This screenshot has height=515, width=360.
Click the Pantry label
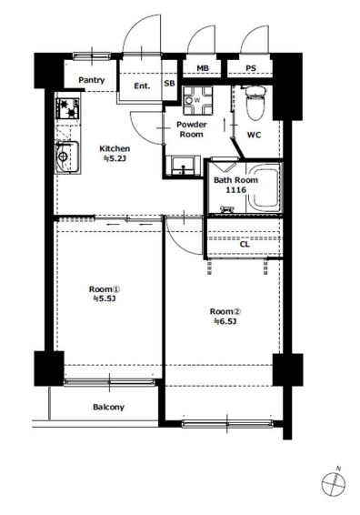tap(92, 80)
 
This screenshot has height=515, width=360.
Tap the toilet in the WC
tap(255, 103)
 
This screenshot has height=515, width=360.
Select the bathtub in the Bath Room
tap(265, 187)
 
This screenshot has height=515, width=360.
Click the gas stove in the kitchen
tap(68, 108)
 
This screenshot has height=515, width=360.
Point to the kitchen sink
tap(67, 157)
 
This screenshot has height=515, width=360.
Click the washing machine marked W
tap(197, 100)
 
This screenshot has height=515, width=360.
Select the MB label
tap(203, 68)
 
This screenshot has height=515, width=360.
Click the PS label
tap(251, 68)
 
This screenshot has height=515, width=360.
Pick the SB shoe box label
tap(169, 84)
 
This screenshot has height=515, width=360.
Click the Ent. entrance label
tap(142, 86)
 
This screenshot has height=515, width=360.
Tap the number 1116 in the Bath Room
tap(235, 190)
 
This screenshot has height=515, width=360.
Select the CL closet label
tap(245, 245)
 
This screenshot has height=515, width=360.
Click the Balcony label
tap(108, 408)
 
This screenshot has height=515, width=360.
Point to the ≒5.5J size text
tap(105, 298)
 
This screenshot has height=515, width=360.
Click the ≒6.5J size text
tap(225, 321)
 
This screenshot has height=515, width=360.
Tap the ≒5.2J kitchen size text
tap(115, 158)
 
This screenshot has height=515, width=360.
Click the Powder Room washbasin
tap(183, 166)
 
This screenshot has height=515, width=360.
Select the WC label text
tap(254, 135)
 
